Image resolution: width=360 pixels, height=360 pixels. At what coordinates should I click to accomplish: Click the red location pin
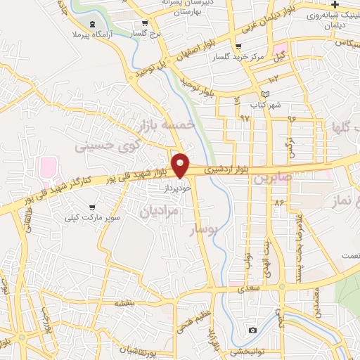pos(181,164)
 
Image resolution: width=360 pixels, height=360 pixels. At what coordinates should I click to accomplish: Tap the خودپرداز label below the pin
pos(177,189)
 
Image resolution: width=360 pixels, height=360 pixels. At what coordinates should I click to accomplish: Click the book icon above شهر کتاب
pos(264,94)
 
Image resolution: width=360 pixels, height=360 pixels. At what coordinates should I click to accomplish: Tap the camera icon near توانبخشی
pos(252,330)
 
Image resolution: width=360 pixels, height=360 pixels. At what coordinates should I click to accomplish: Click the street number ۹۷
pos(245,117)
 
